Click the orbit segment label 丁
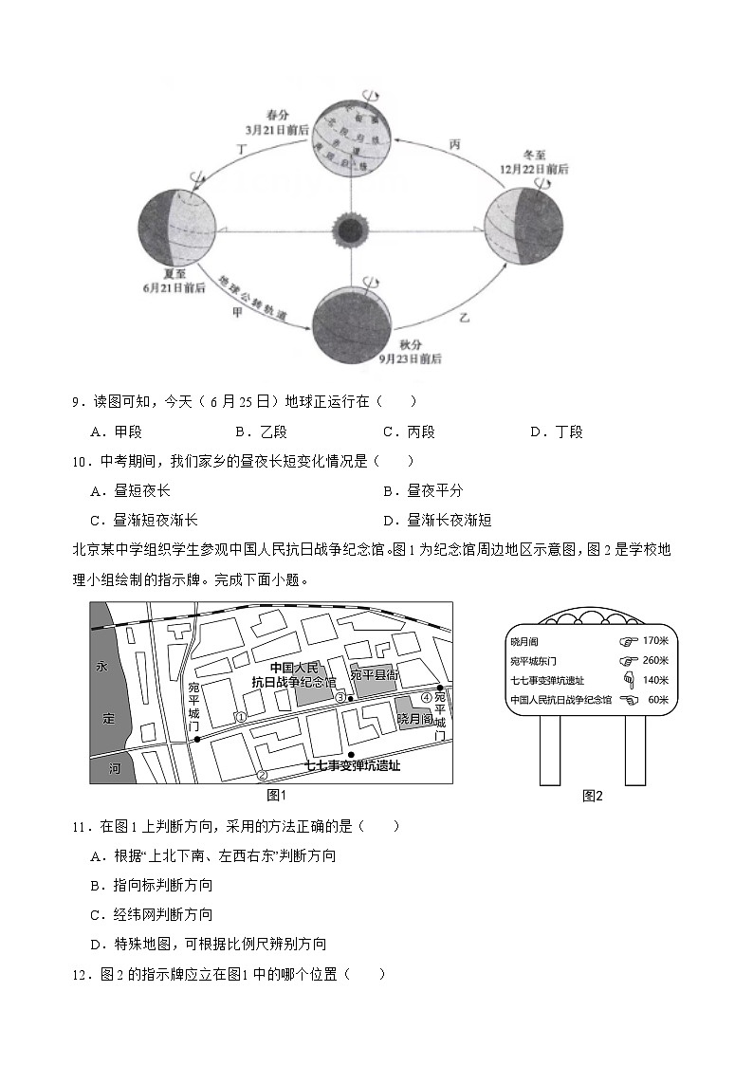point(241,149)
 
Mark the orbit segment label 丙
point(454,144)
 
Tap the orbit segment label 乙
point(465,312)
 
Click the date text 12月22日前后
point(536,168)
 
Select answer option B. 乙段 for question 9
point(261,432)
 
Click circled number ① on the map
point(241,717)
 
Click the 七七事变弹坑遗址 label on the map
point(352,765)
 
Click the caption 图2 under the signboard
point(593,796)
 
